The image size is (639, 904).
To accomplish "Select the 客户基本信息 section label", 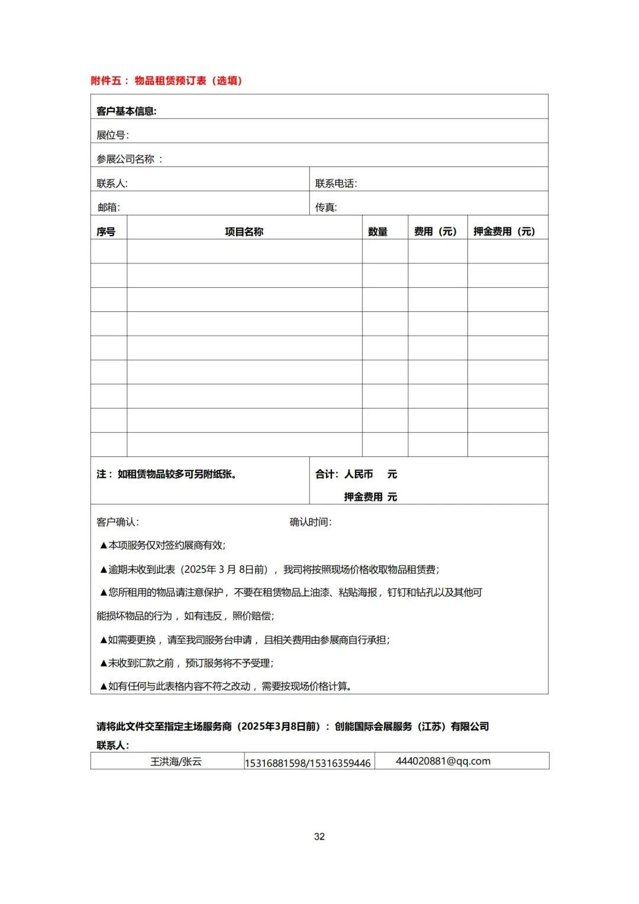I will tap(126, 111).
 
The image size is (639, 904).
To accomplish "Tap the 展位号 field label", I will tap(112, 135).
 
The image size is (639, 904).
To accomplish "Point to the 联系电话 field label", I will tap(335, 184).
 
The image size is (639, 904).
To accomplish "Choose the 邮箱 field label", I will tap(109, 207).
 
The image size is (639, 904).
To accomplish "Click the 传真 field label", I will tap(326, 207).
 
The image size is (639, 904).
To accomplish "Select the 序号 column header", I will tap(106, 231).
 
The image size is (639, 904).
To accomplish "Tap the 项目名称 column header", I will tap(244, 231).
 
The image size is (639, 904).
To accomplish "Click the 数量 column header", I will tap(377, 231).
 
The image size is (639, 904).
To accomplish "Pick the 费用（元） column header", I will tap(436, 231).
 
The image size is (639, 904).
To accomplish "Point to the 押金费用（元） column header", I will tap(504, 231).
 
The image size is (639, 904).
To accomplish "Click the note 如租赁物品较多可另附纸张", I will tap(167, 474).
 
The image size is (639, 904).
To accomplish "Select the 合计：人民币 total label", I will tap(344, 474).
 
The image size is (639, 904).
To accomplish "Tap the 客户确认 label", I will tap(117, 522).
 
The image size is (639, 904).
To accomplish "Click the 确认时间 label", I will tap(310, 522).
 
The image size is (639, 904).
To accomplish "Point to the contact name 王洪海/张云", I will tap(176, 761).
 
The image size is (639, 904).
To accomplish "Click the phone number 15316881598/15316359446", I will tap(308, 763).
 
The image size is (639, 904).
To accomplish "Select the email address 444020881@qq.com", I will tap(443, 761).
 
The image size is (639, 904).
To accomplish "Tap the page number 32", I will tap(319, 837).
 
